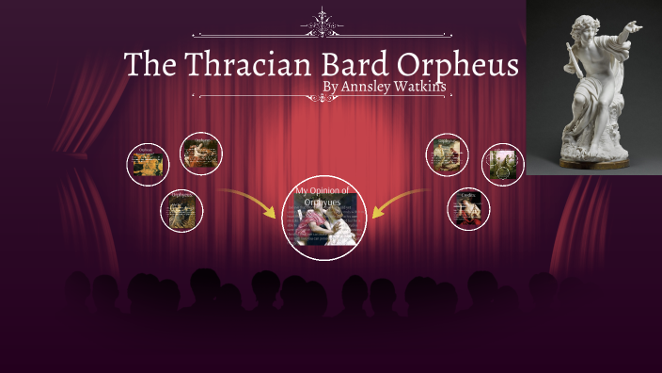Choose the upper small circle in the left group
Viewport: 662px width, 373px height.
pos(200,154)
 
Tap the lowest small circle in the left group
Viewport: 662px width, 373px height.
pos(181,209)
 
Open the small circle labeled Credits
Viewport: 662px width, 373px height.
pos(468,209)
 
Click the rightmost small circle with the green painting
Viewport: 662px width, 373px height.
pos(502,164)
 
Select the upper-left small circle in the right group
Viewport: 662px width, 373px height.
pos(447,154)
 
